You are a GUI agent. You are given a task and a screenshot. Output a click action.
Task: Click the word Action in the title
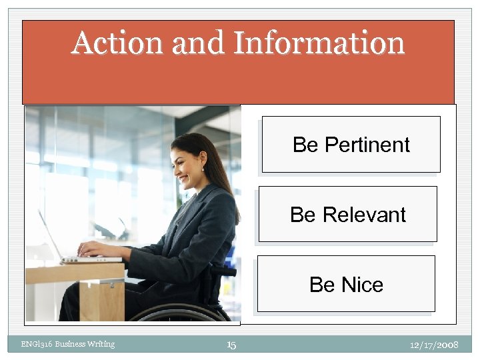[x=117, y=43]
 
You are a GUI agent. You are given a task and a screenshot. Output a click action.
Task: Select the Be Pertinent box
[x=351, y=145]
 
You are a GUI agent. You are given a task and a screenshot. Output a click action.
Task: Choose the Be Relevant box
[x=347, y=214]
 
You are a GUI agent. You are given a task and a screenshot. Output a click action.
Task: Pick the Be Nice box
[x=345, y=284]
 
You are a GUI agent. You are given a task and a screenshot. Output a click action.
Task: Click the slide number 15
[x=231, y=345]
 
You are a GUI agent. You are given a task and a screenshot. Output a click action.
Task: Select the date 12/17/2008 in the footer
[x=434, y=345]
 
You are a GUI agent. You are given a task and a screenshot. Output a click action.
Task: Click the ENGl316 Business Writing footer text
[x=67, y=344]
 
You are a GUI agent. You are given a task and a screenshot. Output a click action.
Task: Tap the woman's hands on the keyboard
[x=91, y=249]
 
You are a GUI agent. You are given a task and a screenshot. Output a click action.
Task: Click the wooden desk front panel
[x=101, y=299]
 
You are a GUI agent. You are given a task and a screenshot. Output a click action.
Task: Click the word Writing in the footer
[x=99, y=344]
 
